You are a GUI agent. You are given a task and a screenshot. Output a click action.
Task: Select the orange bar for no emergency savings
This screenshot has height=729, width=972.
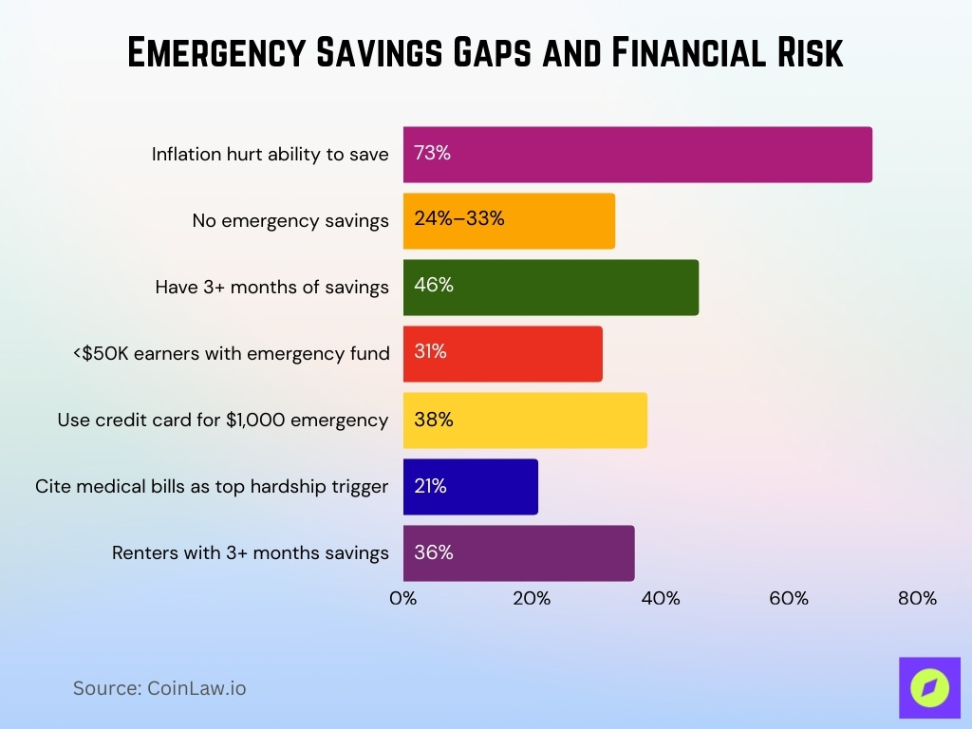[551, 221]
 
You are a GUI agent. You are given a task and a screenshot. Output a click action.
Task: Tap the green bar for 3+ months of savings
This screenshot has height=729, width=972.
[570, 288]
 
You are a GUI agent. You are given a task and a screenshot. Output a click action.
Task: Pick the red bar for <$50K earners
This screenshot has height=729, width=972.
[532, 354]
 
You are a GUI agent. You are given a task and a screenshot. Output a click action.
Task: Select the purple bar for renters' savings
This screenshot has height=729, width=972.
[551, 553]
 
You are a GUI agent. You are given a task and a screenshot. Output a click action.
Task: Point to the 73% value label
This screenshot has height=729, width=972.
[432, 153]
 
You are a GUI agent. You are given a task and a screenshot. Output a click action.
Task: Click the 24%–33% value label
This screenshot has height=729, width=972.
[459, 219]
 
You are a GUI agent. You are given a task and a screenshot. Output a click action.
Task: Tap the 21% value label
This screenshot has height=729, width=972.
[430, 486]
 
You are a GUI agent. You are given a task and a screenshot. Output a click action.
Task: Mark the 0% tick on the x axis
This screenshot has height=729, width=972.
[403, 599]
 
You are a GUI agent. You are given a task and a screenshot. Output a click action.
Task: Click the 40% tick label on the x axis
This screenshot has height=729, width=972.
[661, 599]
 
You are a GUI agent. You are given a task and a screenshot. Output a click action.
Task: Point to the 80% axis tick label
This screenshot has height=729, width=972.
[917, 599]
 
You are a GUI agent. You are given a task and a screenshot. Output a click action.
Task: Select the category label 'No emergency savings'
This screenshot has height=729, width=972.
[290, 221]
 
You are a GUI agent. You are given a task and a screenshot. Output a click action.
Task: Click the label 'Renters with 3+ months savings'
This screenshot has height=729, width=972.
[251, 553]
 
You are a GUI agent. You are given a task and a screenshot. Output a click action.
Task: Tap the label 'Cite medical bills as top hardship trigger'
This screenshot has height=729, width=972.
[212, 487]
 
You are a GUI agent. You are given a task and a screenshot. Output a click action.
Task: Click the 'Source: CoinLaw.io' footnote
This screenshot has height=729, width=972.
[159, 688]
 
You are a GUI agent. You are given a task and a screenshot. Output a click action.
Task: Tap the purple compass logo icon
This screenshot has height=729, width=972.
[929, 687]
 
